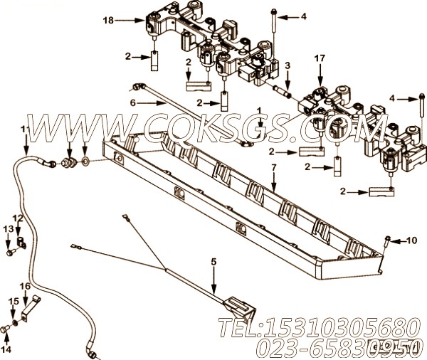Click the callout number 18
tap(108, 20)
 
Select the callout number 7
tap(274, 168)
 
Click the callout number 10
tap(412, 240)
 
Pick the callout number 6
tap(132, 103)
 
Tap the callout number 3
tap(288, 65)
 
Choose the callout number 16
tap(25, 286)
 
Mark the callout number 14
tap(6, 349)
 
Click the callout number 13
tap(8, 229)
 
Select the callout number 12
tap(18, 218)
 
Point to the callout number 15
tap(14, 302)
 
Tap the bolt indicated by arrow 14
tap(5, 329)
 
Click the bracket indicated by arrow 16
tap(31, 309)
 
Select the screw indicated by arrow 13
tap(11, 253)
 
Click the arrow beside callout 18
tap(130, 20)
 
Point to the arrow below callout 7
tap(274, 182)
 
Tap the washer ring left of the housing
tap(85, 162)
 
